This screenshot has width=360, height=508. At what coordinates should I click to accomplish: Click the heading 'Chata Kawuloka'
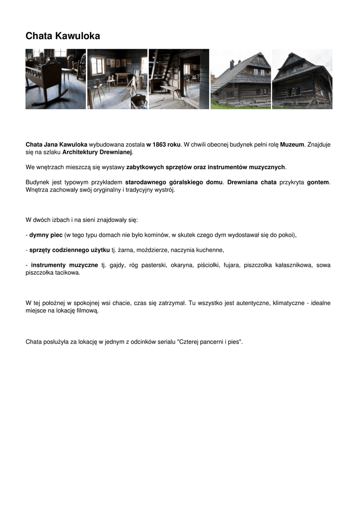63,36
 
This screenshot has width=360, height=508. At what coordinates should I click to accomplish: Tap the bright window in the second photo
98,65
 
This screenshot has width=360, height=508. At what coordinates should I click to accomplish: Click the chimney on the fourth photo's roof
231,64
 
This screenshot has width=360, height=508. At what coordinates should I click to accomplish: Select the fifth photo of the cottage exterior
302,79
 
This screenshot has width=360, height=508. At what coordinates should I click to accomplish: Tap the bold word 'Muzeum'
292,144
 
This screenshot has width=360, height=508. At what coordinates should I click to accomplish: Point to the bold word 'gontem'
318,182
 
